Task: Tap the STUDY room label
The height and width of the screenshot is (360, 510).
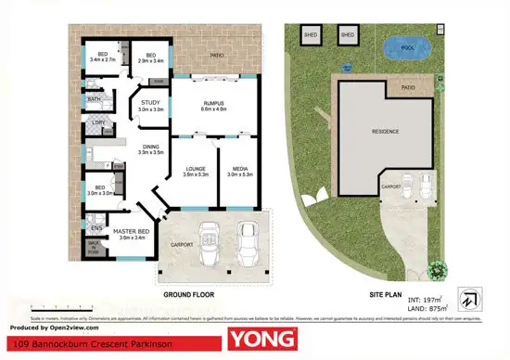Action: (x=150, y=106)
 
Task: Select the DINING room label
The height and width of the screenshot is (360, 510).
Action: (x=149, y=147)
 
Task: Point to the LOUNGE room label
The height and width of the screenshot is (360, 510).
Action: (x=195, y=168)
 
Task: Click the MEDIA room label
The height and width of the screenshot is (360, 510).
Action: (x=239, y=168)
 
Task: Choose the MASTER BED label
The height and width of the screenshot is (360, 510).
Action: (x=133, y=233)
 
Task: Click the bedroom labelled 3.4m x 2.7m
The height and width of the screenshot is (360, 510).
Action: (x=99, y=56)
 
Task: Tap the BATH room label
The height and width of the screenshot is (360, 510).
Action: (x=94, y=98)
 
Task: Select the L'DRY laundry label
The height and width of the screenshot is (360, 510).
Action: (x=96, y=122)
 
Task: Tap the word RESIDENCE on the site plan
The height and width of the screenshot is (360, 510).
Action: (x=387, y=132)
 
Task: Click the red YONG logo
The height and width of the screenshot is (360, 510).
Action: (x=263, y=339)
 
